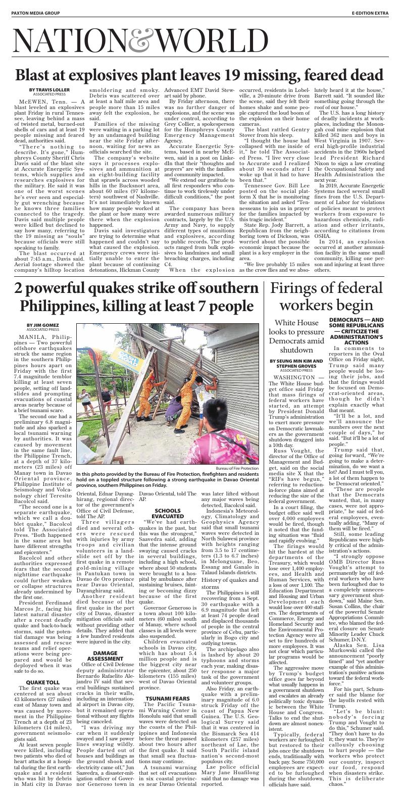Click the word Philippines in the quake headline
59,307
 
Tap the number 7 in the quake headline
204,307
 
